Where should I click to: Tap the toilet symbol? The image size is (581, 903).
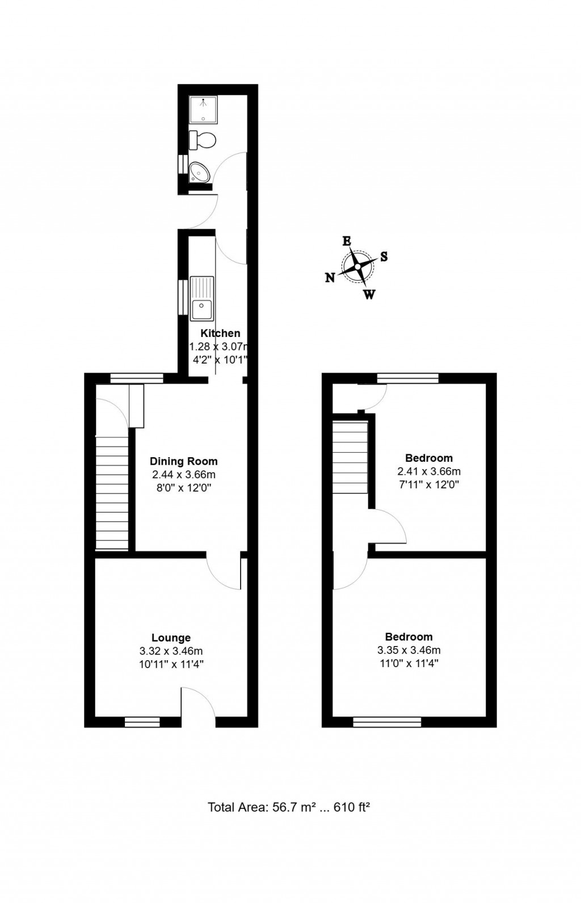pyautogui.click(x=203, y=140)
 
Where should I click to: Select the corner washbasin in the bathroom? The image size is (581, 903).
pyautogui.click(x=199, y=171)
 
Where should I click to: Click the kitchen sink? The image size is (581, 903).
pyautogui.click(x=201, y=299)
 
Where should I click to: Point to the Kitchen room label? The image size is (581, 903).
pyautogui.click(x=221, y=334)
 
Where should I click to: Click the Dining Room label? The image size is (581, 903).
pyautogui.click(x=183, y=461)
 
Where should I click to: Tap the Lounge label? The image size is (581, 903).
pyautogui.click(x=171, y=638)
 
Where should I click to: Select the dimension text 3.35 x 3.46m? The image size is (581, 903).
pyautogui.click(x=409, y=650)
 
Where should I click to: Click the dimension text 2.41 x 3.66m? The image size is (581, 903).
pyautogui.click(x=429, y=471)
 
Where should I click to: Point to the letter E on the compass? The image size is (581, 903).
pyautogui.click(x=346, y=241)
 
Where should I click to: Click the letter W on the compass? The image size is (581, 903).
pyautogui.click(x=369, y=294)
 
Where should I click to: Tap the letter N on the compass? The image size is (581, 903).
pyautogui.click(x=330, y=277)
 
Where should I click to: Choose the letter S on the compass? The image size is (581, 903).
pyautogui.click(x=384, y=256)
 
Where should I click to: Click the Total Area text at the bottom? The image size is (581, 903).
pyautogui.click(x=289, y=807)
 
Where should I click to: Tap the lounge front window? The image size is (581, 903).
pyautogui.click(x=142, y=721)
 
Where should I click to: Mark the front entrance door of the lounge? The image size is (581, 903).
pyautogui.click(x=197, y=703)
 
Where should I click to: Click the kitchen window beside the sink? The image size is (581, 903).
pyautogui.click(x=182, y=297)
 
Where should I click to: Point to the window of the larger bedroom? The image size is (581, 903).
pyautogui.click(x=387, y=721)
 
